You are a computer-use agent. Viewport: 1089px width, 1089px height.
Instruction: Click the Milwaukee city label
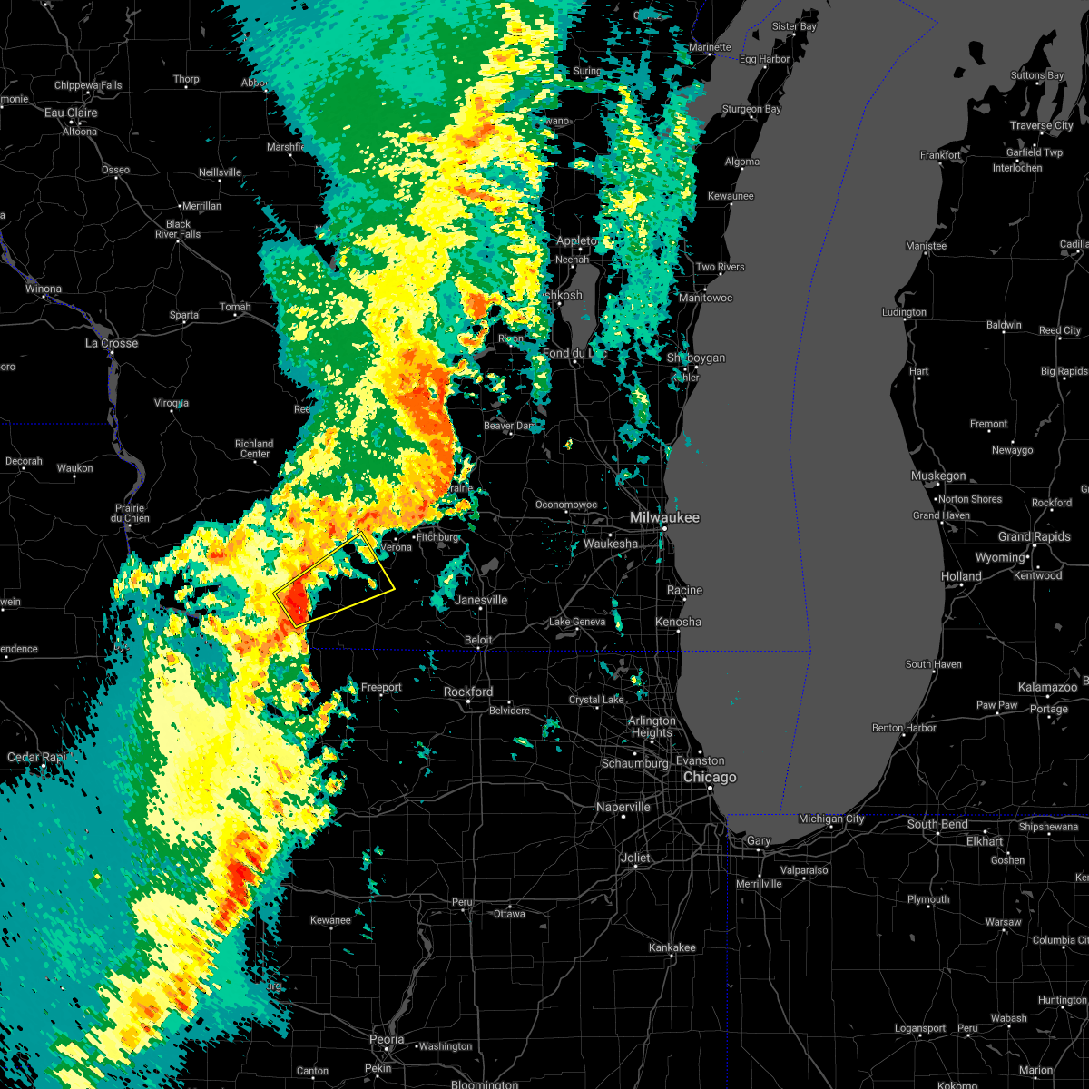[x=667, y=517]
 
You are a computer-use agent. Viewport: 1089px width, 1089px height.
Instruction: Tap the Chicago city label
[x=710, y=778]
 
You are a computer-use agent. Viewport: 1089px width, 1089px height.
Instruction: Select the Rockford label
[x=468, y=692]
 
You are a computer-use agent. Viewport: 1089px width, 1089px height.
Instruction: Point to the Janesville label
[x=481, y=600]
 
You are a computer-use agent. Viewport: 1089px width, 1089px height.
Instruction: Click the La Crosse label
[x=112, y=343]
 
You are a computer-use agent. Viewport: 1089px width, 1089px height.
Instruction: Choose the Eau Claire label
[x=71, y=113]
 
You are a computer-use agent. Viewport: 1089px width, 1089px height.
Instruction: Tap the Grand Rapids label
[x=1035, y=536]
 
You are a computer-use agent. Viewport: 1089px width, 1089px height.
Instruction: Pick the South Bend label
[x=937, y=824]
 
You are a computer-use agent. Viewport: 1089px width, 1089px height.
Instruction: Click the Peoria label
[x=387, y=1040]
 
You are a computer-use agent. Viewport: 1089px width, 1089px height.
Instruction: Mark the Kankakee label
[x=672, y=947]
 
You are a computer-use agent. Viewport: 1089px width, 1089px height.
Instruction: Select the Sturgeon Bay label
[x=751, y=109]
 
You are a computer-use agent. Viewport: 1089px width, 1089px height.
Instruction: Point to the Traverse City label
[x=1042, y=125]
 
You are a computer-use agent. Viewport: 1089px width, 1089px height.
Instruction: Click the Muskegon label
[x=938, y=476]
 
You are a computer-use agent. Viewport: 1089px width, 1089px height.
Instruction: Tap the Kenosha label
[x=679, y=622]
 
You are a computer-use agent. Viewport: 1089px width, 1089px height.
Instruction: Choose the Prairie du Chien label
[x=130, y=513]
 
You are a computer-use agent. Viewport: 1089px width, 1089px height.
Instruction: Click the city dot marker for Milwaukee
[x=663, y=528]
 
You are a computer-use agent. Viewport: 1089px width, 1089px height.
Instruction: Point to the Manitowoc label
[x=705, y=298]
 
